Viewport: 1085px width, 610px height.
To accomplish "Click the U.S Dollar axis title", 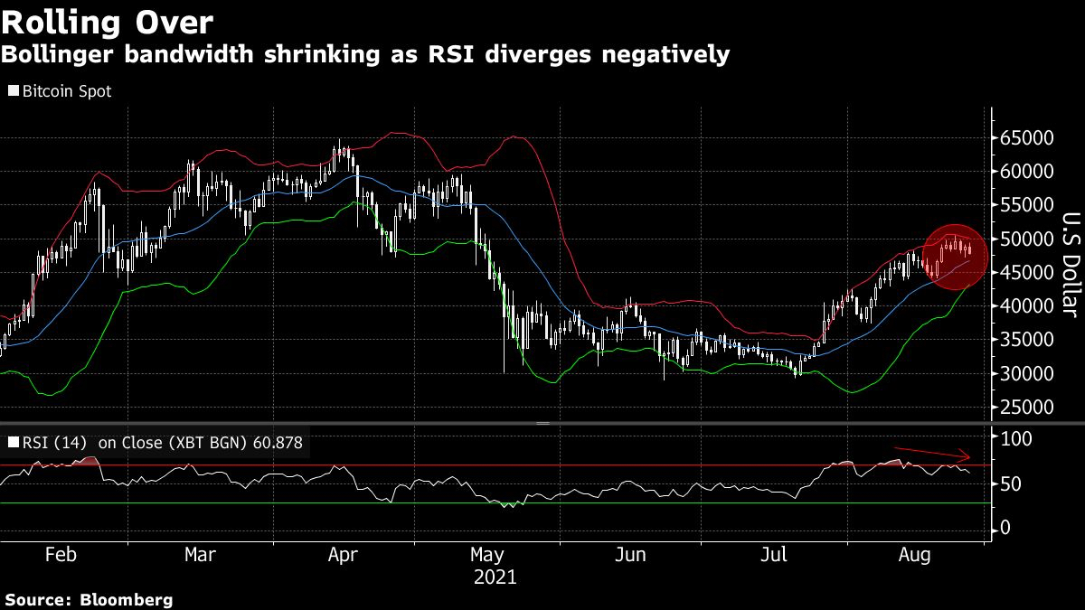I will click(1071, 264).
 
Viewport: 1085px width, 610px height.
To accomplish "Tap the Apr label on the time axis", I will click(343, 554).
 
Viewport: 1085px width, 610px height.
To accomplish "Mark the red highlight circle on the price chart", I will click(957, 258).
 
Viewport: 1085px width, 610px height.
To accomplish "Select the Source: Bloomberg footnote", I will click(89, 599).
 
